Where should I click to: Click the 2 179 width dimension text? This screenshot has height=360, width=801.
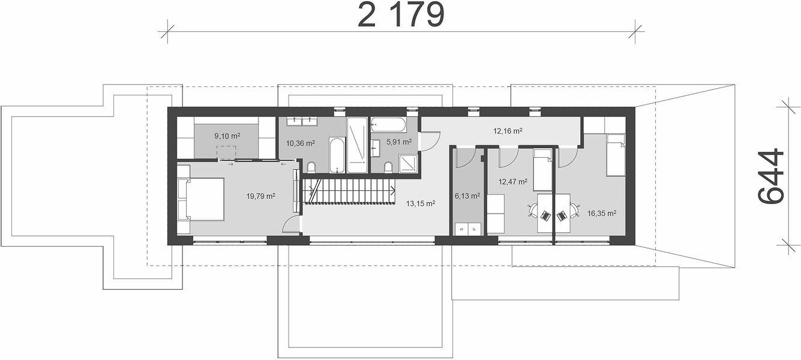(401, 14)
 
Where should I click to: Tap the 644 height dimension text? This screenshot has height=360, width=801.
(770, 176)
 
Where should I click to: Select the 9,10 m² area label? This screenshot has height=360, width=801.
(227, 136)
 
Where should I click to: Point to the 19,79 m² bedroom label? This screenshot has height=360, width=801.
(260, 196)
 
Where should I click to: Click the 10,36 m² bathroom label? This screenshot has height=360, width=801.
(301, 143)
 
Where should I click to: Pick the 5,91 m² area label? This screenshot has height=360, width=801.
(399, 142)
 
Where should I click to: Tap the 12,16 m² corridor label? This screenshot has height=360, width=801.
(508, 131)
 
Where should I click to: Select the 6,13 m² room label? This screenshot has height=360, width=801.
(467, 196)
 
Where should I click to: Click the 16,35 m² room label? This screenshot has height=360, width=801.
(602, 214)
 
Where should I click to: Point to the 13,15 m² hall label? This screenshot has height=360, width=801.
(421, 203)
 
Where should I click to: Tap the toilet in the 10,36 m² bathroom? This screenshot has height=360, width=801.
(311, 167)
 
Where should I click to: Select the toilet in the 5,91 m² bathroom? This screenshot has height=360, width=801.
(388, 167)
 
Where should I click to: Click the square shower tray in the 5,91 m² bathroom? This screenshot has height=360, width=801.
(409, 163)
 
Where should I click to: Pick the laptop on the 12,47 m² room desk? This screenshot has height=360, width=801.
(545, 215)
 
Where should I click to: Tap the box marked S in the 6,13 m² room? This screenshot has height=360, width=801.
(461, 229)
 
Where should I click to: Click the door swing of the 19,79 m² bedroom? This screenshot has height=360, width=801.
(290, 224)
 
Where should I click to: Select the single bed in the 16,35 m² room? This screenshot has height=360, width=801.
(616, 155)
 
